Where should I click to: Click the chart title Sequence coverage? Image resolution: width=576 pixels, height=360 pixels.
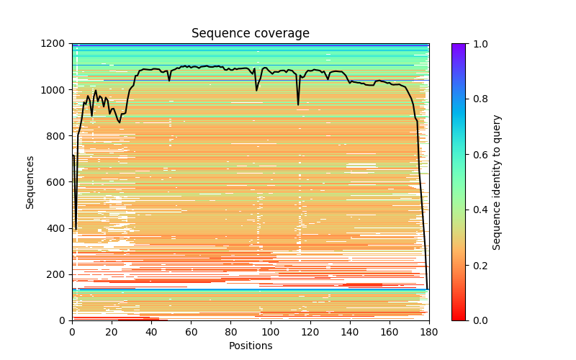(x=250, y=34)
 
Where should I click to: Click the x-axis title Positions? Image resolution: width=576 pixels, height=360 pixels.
(x=250, y=346)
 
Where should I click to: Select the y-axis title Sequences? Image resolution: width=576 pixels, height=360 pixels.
(x=30, y=181)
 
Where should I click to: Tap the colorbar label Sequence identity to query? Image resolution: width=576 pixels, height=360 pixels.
(x=497, y=181)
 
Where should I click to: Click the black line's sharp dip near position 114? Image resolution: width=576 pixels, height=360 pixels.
(x=298, y=104)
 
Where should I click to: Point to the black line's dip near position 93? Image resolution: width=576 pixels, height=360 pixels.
(x=256, y=90)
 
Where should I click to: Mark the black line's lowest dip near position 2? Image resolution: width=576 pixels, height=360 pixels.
(x=76, y=229)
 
